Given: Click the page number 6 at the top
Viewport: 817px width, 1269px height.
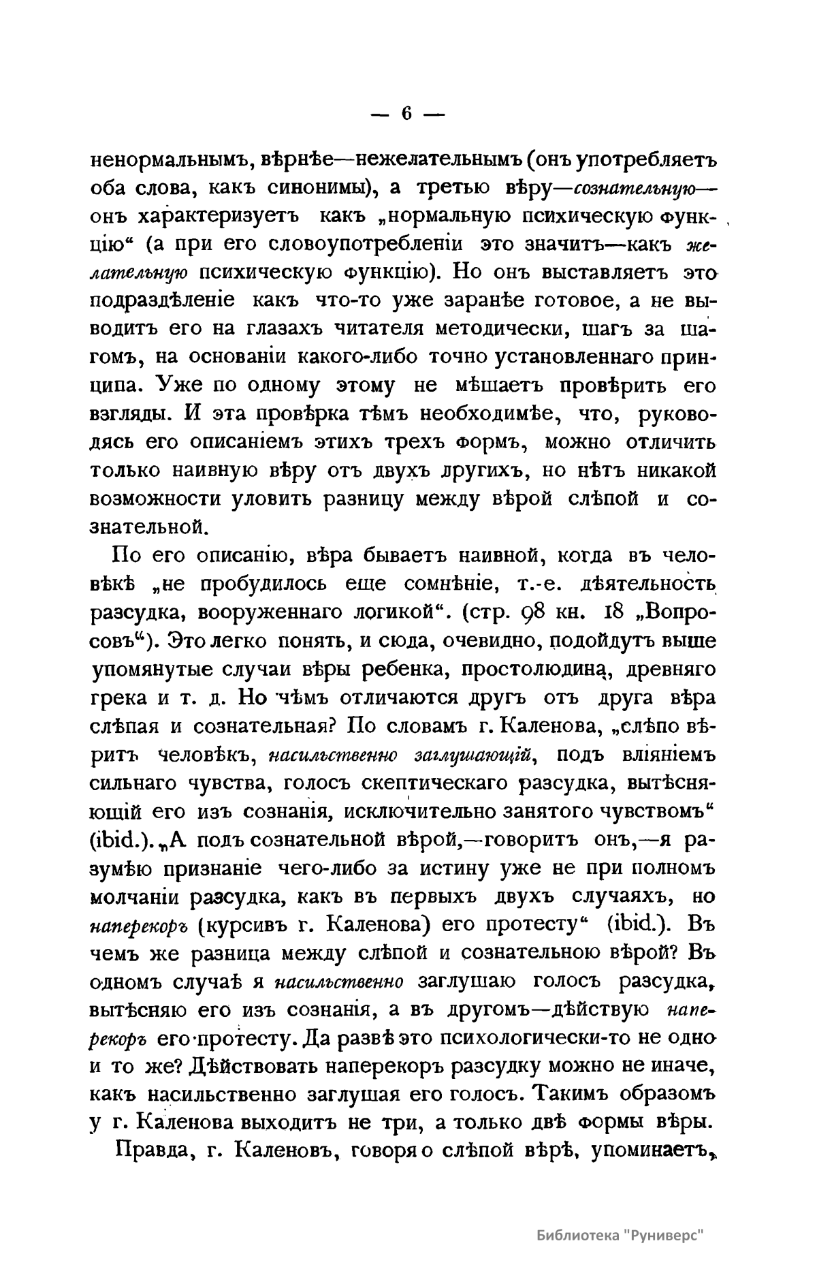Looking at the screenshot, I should [406, 114].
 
